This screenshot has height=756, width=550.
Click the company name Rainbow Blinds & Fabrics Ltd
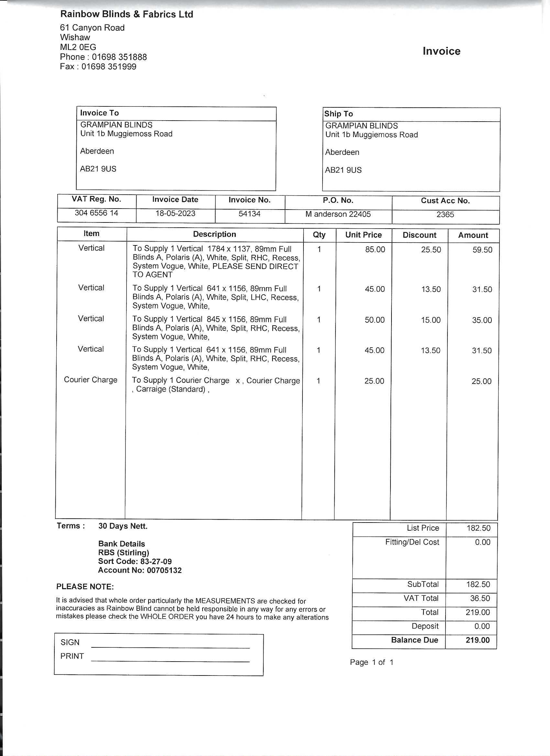point(127,14)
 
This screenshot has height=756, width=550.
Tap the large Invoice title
point(441,51)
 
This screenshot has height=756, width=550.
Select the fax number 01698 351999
point(109,67)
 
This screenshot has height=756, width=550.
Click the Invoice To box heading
point(99,113)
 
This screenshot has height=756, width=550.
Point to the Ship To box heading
point(338,114)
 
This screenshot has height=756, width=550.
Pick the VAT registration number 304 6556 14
point(96,213)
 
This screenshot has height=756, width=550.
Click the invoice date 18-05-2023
point(175,213)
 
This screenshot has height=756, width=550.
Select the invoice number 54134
point(249,214)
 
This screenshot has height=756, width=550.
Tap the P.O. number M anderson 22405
point(338,214)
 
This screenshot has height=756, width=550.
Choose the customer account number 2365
point(445,215)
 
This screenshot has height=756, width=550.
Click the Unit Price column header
point(363,235)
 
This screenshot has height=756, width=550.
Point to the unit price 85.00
point(375,250)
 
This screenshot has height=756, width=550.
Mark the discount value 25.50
point(431,250)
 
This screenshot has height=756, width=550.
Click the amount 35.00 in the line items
point(482,320)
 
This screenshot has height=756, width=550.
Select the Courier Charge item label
point(91,380)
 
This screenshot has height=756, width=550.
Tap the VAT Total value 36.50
point(480,598)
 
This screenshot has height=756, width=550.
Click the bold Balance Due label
point(414,640)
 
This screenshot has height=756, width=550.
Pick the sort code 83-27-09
point(156,562)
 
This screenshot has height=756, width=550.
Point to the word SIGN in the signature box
point(70,642)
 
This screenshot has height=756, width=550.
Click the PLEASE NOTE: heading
point(85,587)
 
